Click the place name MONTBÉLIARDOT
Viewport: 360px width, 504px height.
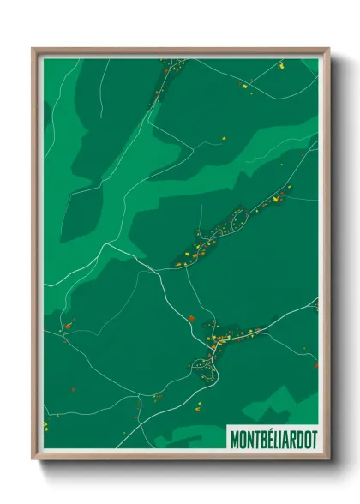click(x=273, y=439)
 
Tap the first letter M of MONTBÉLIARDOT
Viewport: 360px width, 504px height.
click(x=234, y=439)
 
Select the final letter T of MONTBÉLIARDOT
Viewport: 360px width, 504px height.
click(x=312, y=439)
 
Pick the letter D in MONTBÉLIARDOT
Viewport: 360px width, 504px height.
click(x=297, y=439)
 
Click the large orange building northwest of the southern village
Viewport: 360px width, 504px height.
click(x=191, y=321)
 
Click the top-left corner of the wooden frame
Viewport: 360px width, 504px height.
click(x=33, y=49)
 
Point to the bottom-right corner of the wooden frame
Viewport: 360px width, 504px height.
click(x=328, y=461)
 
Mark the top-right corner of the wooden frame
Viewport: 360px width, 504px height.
click(x=328, y=49)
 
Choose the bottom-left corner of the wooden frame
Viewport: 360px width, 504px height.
click(x=33, y=461)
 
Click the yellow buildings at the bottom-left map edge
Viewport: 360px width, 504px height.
click(x=46, y=423)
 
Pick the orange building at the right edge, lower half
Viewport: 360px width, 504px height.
click(x=315, y=363)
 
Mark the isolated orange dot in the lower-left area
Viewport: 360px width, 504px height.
click(x=73, y=391)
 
